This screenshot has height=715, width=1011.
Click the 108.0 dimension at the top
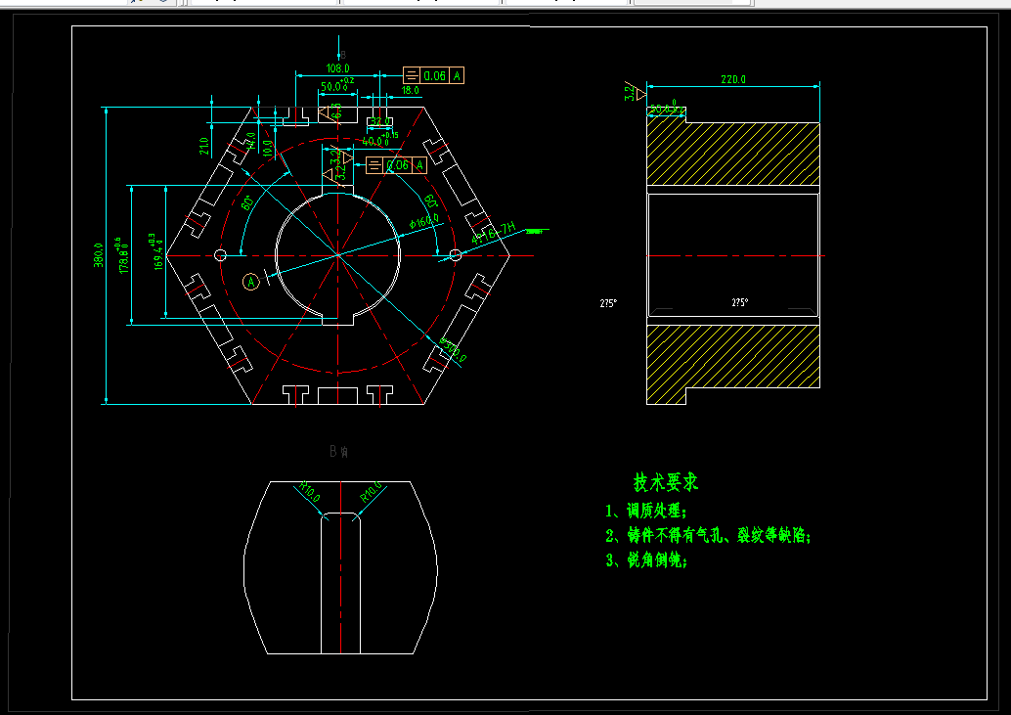coord(337,69)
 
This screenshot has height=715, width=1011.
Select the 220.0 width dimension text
coord(732,79)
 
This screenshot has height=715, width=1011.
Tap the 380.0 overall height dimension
coord(99,255)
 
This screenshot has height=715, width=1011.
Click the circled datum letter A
coord(251,282)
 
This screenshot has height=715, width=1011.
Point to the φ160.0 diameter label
coord(423,222)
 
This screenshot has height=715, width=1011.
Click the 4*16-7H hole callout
coord(493,232)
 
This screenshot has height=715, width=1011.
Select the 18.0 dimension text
coord(411,90)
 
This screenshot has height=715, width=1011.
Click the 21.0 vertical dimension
coord(203,146)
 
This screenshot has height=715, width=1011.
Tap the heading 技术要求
coord(665,482)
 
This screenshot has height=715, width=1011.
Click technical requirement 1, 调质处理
coord(646,511)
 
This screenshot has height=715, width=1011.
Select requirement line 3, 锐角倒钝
coord(646,560)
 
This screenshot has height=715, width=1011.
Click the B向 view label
coord(339,451)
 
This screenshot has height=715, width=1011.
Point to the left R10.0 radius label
coord(310,491)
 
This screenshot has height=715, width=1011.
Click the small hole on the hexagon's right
coord(455,255)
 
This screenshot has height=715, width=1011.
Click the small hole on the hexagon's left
coord(220,255)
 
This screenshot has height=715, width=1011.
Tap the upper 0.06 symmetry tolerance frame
coord(433,75)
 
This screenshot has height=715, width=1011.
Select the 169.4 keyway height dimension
coord(157,253)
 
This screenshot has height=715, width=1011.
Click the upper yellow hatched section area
coord(733,154)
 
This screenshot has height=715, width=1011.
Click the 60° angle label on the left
coord(247,202)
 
